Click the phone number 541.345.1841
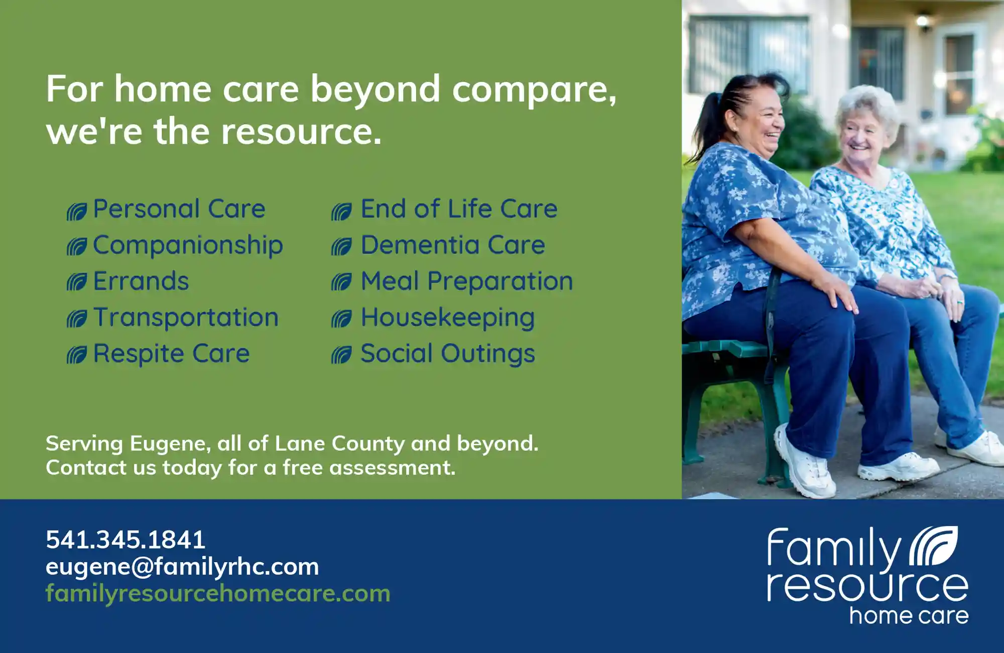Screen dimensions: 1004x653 125,540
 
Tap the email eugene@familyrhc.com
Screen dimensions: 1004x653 182,567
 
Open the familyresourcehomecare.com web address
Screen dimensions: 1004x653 218,594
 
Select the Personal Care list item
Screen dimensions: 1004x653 179,208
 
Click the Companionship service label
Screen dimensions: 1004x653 188,246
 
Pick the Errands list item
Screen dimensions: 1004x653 141,281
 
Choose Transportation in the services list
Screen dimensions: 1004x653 186,318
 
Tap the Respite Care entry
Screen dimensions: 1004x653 171,354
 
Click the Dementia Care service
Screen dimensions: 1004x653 453,245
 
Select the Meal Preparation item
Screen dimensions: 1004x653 467,281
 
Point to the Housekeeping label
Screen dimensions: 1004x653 448,318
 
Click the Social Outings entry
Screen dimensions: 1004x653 448,354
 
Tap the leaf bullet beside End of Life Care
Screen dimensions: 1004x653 341,211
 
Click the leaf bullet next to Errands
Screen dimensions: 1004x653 77,282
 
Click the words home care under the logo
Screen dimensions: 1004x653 909,616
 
